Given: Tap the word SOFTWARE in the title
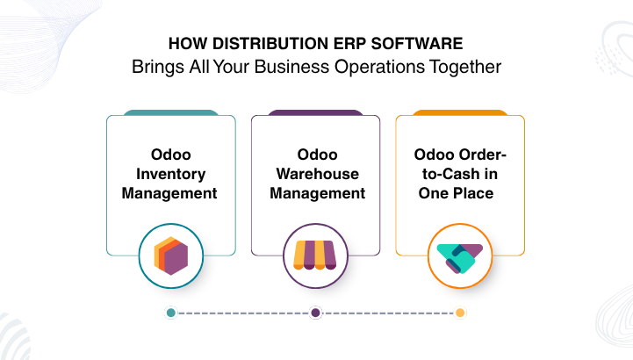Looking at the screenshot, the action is pyautogui.click(x=417, y=44).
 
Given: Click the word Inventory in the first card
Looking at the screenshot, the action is pyautogui.click(x=171, y=174).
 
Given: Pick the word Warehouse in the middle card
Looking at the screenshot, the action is pyautogui.click(x=318, y=174).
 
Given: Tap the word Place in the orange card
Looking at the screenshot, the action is pyautogui.click(x=475, y=193).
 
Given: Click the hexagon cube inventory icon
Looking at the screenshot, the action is pyautogui.click(x=171, y=256).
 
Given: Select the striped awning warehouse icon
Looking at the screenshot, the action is pyautogui.click(x=315, y=255).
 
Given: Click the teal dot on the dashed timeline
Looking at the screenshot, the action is pyautogui.click(x=171, y=313).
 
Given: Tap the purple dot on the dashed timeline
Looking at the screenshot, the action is pyautogui.click(x=316, y=313).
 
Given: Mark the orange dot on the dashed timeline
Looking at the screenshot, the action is pyautogui.click(x=460, y=313).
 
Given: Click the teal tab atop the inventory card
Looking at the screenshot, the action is pyautogui.click(x=171, y=112).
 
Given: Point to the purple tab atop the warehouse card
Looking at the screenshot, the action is pyautogui.click(x=316, y=112).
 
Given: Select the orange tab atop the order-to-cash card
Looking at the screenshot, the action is pyautogui.click(x=460, y=112).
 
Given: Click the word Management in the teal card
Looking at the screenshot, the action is pyautogui.click(x=169, y=193).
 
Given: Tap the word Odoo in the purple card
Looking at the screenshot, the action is pyautogui.click(x=317, y=155).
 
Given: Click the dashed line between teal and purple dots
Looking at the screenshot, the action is pyautogui.click(x=243, y=313).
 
